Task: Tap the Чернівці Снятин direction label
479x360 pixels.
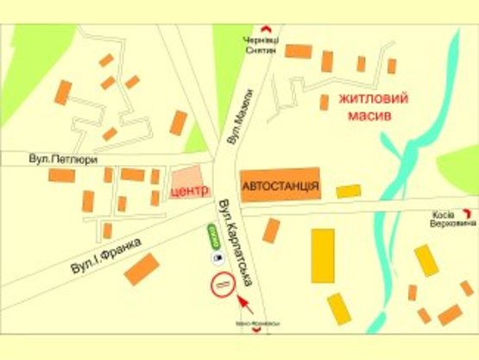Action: pos(258,46)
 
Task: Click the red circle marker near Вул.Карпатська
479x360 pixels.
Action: pos(223,282)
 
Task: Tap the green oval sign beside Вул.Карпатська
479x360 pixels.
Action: pos(212,235)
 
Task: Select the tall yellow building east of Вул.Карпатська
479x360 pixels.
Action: pos(323,255)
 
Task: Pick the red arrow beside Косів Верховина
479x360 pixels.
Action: pos(468,212)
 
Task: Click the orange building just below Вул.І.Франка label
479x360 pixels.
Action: pos(142,269)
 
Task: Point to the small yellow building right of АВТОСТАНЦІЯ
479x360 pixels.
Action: pos(349,191)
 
